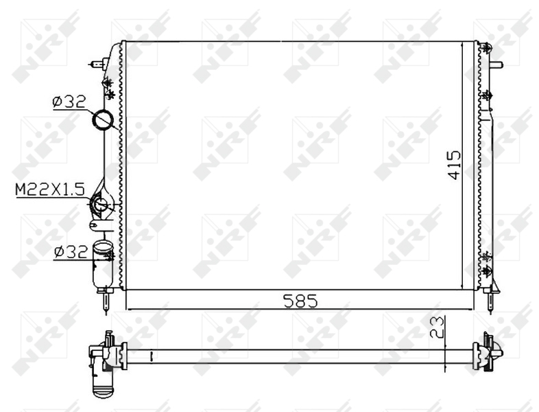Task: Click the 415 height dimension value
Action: [454, 165]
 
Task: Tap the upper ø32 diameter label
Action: [69, 102]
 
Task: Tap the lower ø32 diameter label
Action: [71, 252]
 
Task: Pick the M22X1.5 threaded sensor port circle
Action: [101, 204]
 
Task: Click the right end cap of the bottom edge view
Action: [488, 352]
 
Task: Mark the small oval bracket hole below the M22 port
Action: [95, 224]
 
